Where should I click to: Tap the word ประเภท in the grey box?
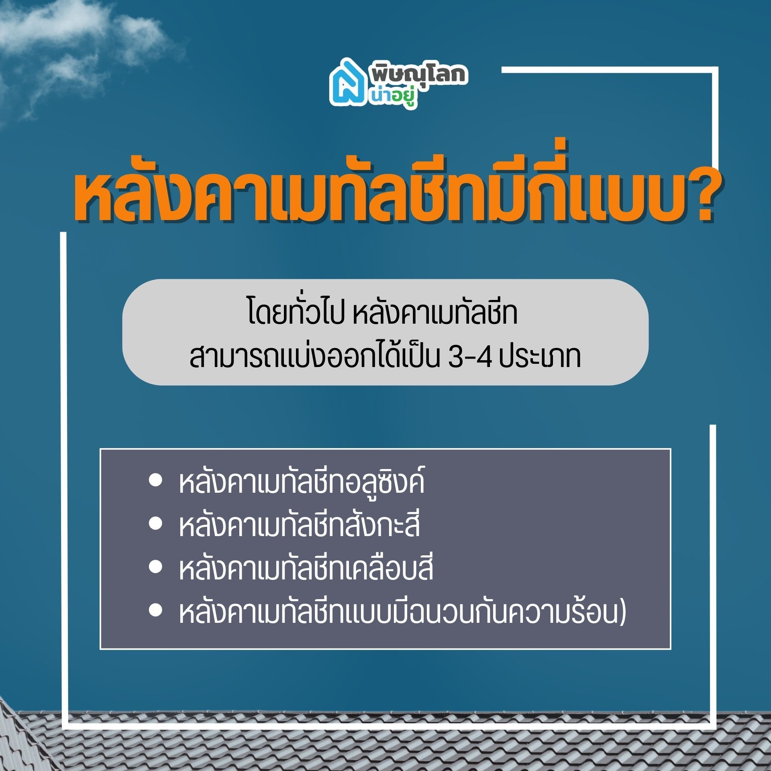click(541, 357)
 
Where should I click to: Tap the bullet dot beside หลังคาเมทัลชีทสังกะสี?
click(155, 524)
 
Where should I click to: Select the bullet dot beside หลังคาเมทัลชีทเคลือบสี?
click(155, 567)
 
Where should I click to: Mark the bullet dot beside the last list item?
click(155, 611)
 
